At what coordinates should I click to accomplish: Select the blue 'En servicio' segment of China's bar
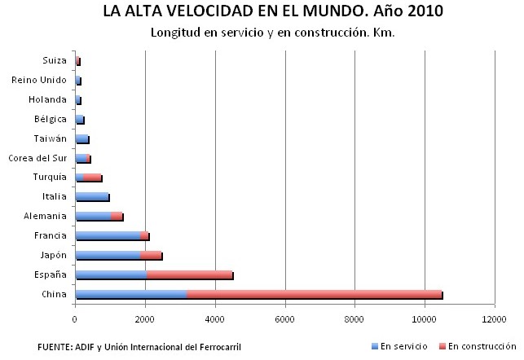130,294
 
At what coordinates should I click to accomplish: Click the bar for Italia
91,196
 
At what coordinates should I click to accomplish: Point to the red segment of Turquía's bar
92,177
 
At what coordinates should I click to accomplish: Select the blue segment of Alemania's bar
93,216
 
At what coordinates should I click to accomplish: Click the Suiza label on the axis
54,60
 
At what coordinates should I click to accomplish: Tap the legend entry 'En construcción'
481,346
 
